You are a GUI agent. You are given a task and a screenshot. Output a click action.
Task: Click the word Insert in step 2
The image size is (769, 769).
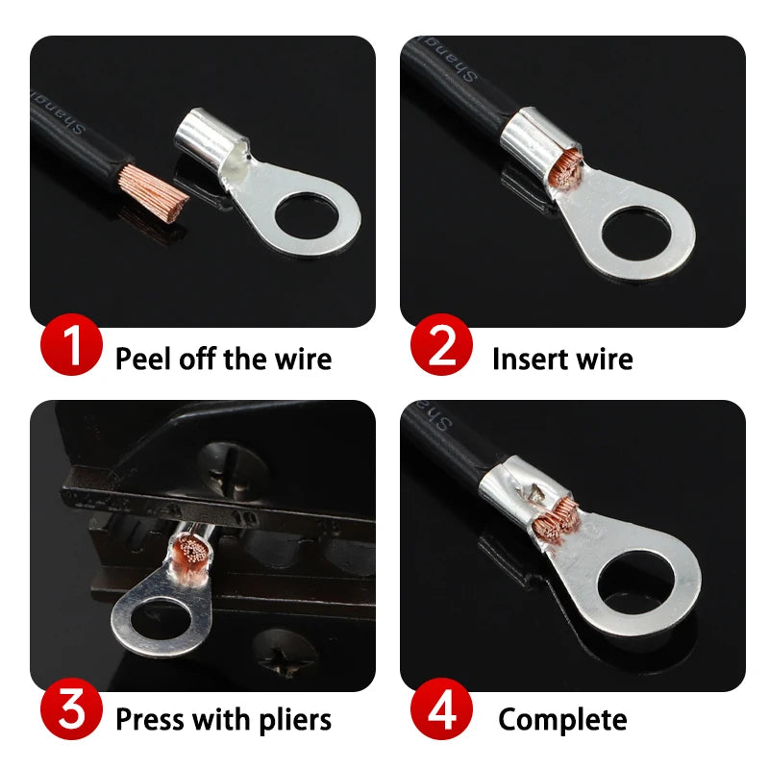click(525, 360)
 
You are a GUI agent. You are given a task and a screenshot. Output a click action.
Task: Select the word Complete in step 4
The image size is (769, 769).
click(562, 720)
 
